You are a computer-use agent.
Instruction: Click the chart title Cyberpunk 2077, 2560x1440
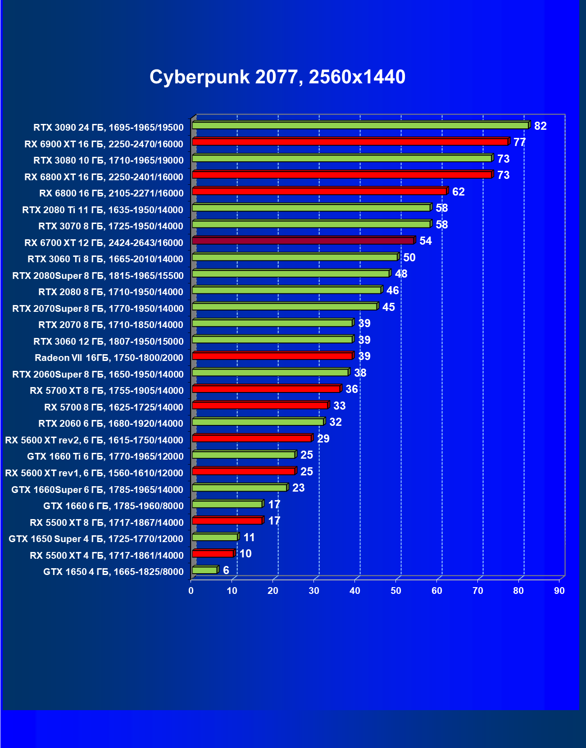point(277,77)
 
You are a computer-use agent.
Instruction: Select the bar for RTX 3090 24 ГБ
point(360,125)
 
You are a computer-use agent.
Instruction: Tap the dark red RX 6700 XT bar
point(303,241)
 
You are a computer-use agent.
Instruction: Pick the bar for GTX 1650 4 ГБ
point(205,570)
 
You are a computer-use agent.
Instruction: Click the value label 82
point(540,126)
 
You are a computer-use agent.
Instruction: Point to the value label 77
point(519,142)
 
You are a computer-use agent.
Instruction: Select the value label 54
point(425,241)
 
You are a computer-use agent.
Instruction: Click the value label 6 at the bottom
point(226,570)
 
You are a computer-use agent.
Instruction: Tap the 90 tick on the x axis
point(559,591)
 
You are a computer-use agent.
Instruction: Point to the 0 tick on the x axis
point(191,591)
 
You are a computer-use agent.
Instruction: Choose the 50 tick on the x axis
point(396,591)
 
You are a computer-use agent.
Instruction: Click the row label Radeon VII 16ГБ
point(109,358)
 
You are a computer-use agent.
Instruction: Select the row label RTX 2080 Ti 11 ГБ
point(103,210)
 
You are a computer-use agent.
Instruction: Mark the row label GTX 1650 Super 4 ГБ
point(96,539)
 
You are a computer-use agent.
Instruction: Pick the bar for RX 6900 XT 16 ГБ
point(350,142)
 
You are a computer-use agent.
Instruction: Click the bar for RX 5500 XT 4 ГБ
point(213,554)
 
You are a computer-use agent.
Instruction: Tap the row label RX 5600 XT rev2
point(94,440)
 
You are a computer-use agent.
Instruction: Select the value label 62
point(458,192)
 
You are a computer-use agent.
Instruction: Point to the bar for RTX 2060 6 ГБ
point(258,422)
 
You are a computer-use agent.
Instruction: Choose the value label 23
point(298,488)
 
